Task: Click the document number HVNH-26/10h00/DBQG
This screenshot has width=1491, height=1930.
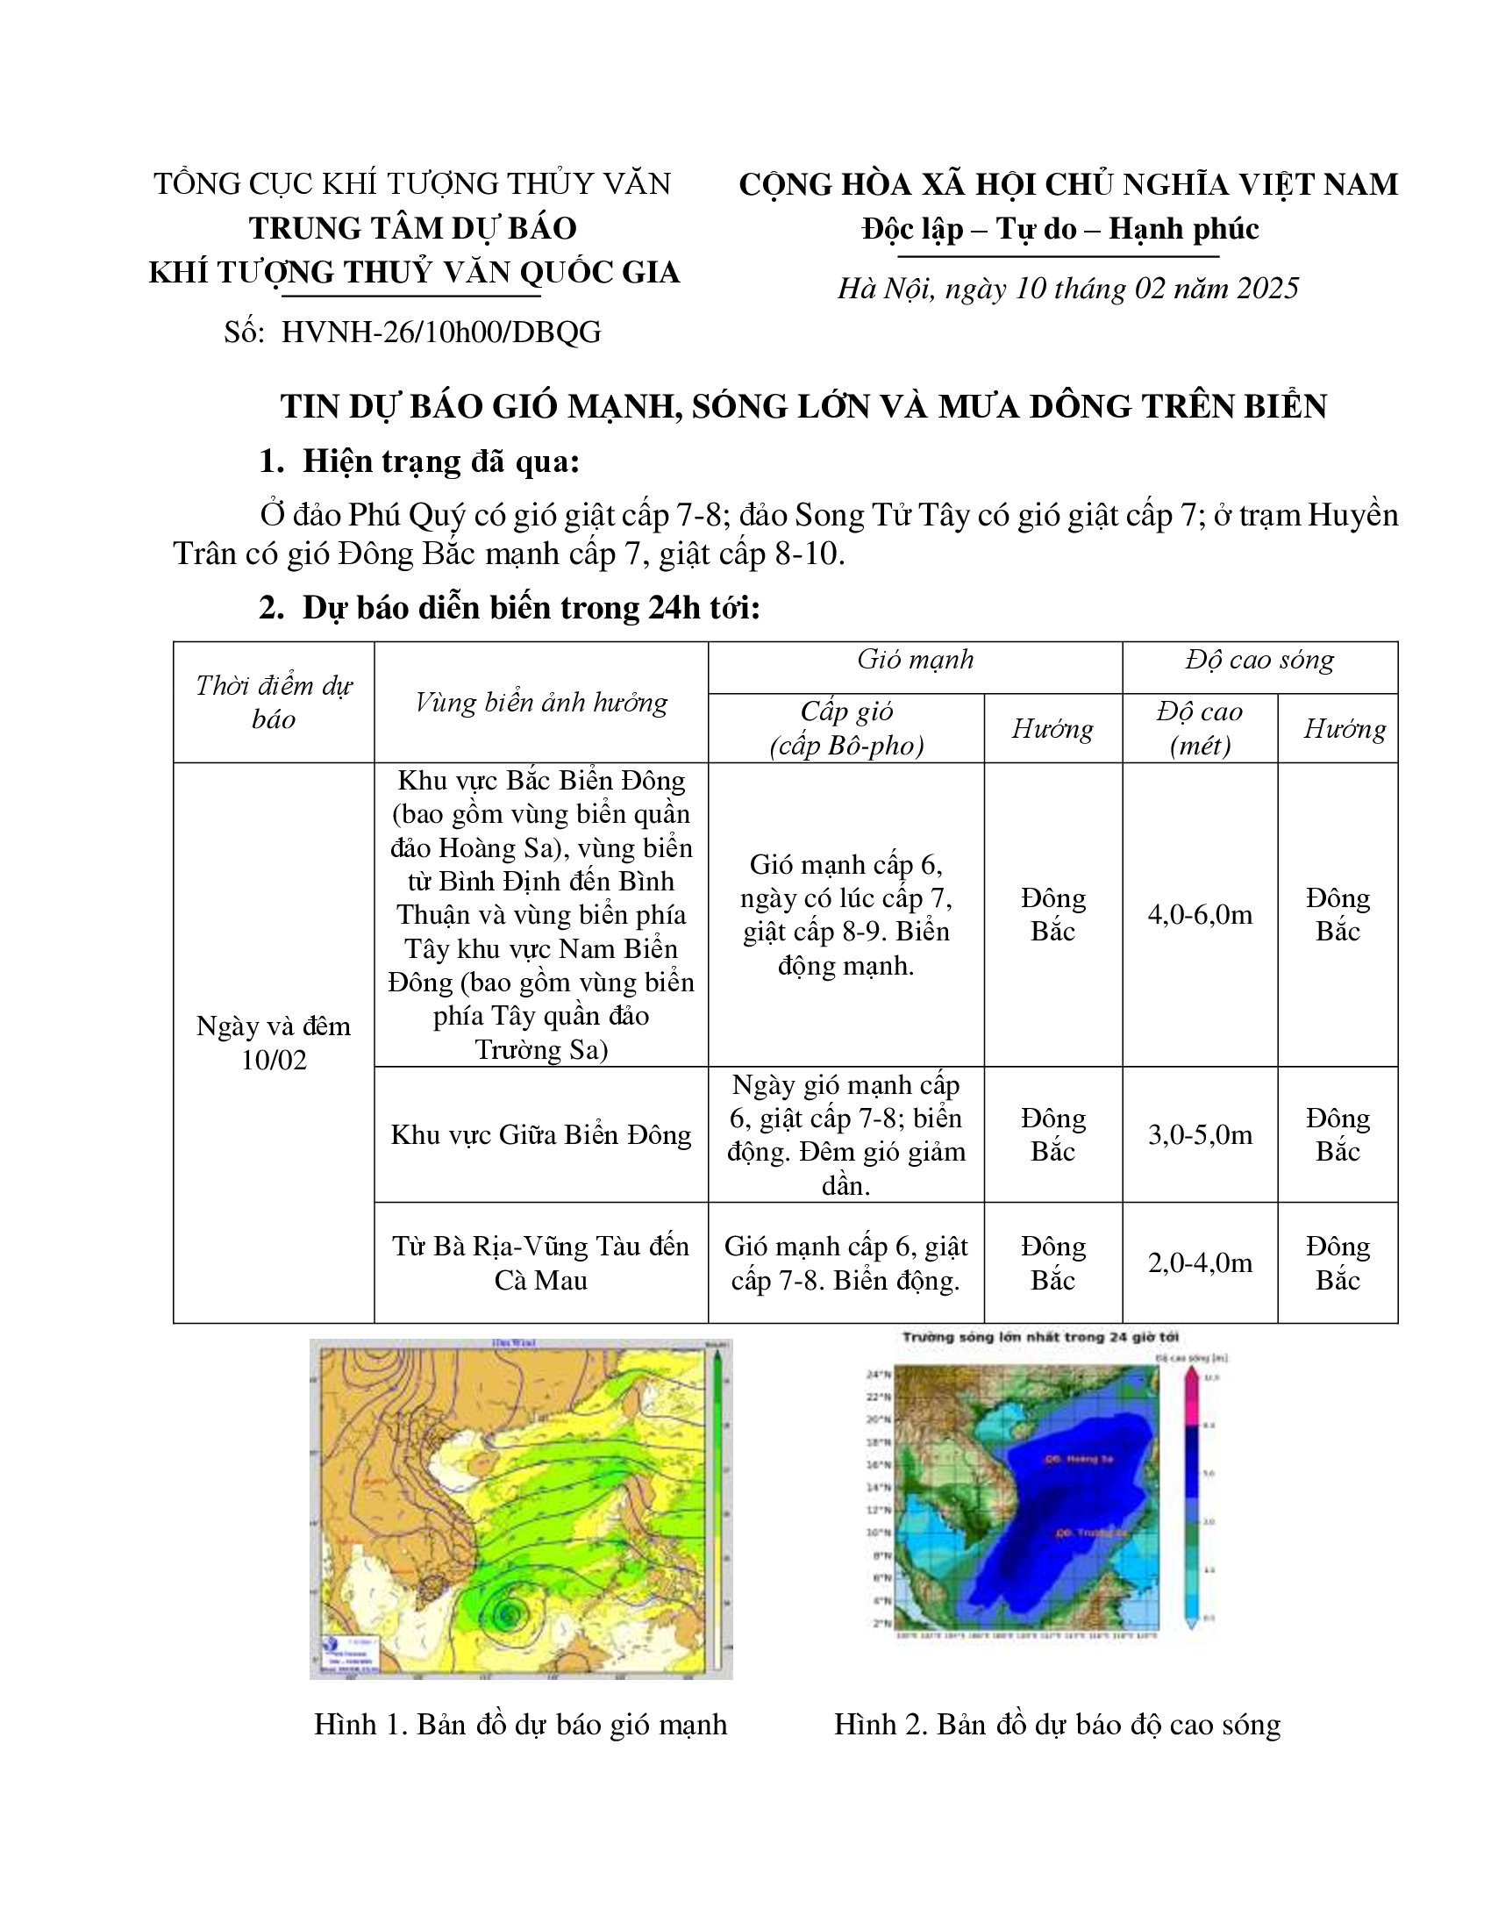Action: click(441, 332)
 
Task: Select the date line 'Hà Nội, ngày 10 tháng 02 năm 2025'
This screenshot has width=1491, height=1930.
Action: click(1068, 289)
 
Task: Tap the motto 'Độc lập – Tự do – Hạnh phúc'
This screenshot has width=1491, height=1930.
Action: click(1060, 230)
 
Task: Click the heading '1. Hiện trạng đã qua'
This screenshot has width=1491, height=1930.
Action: click(419, 461)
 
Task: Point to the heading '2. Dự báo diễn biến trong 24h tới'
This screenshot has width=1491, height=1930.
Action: click(509, 608)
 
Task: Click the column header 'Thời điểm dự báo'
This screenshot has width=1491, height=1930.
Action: click(274, 703)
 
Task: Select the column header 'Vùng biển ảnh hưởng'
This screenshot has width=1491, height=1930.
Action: click(540, 703)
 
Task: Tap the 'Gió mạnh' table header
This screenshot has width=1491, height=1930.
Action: click(915, 660)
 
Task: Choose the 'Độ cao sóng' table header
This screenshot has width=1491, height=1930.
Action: click(1259, 660)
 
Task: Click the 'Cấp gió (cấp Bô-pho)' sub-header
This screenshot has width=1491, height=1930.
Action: click(846, 729)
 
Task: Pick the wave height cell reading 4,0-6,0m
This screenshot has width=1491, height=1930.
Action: click(1200, 915)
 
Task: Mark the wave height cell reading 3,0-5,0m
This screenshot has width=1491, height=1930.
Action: click(1200, 1134)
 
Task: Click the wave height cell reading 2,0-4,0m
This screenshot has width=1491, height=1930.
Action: click(1200, 1262)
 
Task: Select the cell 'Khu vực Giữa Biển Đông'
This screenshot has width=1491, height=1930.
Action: click(540, 1134)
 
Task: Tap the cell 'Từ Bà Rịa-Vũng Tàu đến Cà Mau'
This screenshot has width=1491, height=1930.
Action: click(540, 1262)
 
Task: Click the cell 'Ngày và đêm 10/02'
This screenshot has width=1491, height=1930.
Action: click(274, 1043)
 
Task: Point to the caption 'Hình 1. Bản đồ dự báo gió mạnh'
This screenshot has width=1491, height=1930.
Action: click(520, 1724)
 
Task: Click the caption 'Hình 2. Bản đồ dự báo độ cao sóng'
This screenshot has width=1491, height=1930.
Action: click(1058, 1724)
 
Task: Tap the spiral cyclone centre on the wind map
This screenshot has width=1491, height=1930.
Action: click(507, 1613)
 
